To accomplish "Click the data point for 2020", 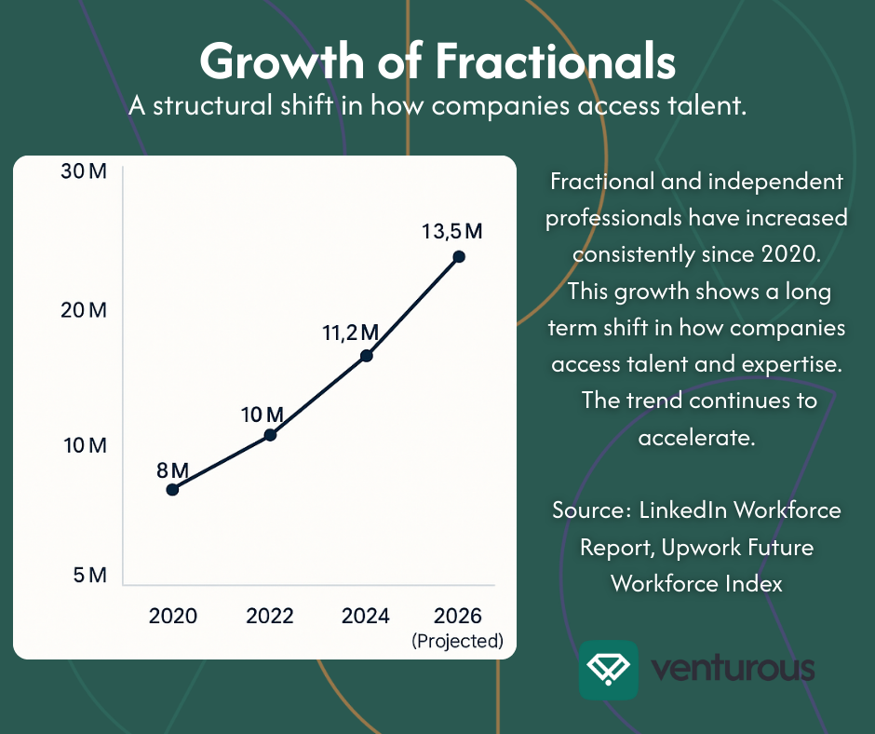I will click(172, 489).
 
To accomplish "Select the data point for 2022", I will click(271, 434).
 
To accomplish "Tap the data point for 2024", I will click(366, 355).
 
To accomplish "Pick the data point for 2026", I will click(458, 256).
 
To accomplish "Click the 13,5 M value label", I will click(452, 230).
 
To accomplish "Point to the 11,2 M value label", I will click(350, 332).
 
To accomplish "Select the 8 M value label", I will click(173, 469).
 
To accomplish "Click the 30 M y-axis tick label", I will click(86, 171).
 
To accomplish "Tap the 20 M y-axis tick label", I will click(86, 309).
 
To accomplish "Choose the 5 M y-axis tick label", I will click(90, 576).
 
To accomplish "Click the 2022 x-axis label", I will click(270, 616).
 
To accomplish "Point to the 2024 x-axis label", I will click(366, 616).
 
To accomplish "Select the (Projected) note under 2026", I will click(457, 641).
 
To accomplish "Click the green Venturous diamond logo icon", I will click(608, 670).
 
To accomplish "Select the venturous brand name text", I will click(734, 669).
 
